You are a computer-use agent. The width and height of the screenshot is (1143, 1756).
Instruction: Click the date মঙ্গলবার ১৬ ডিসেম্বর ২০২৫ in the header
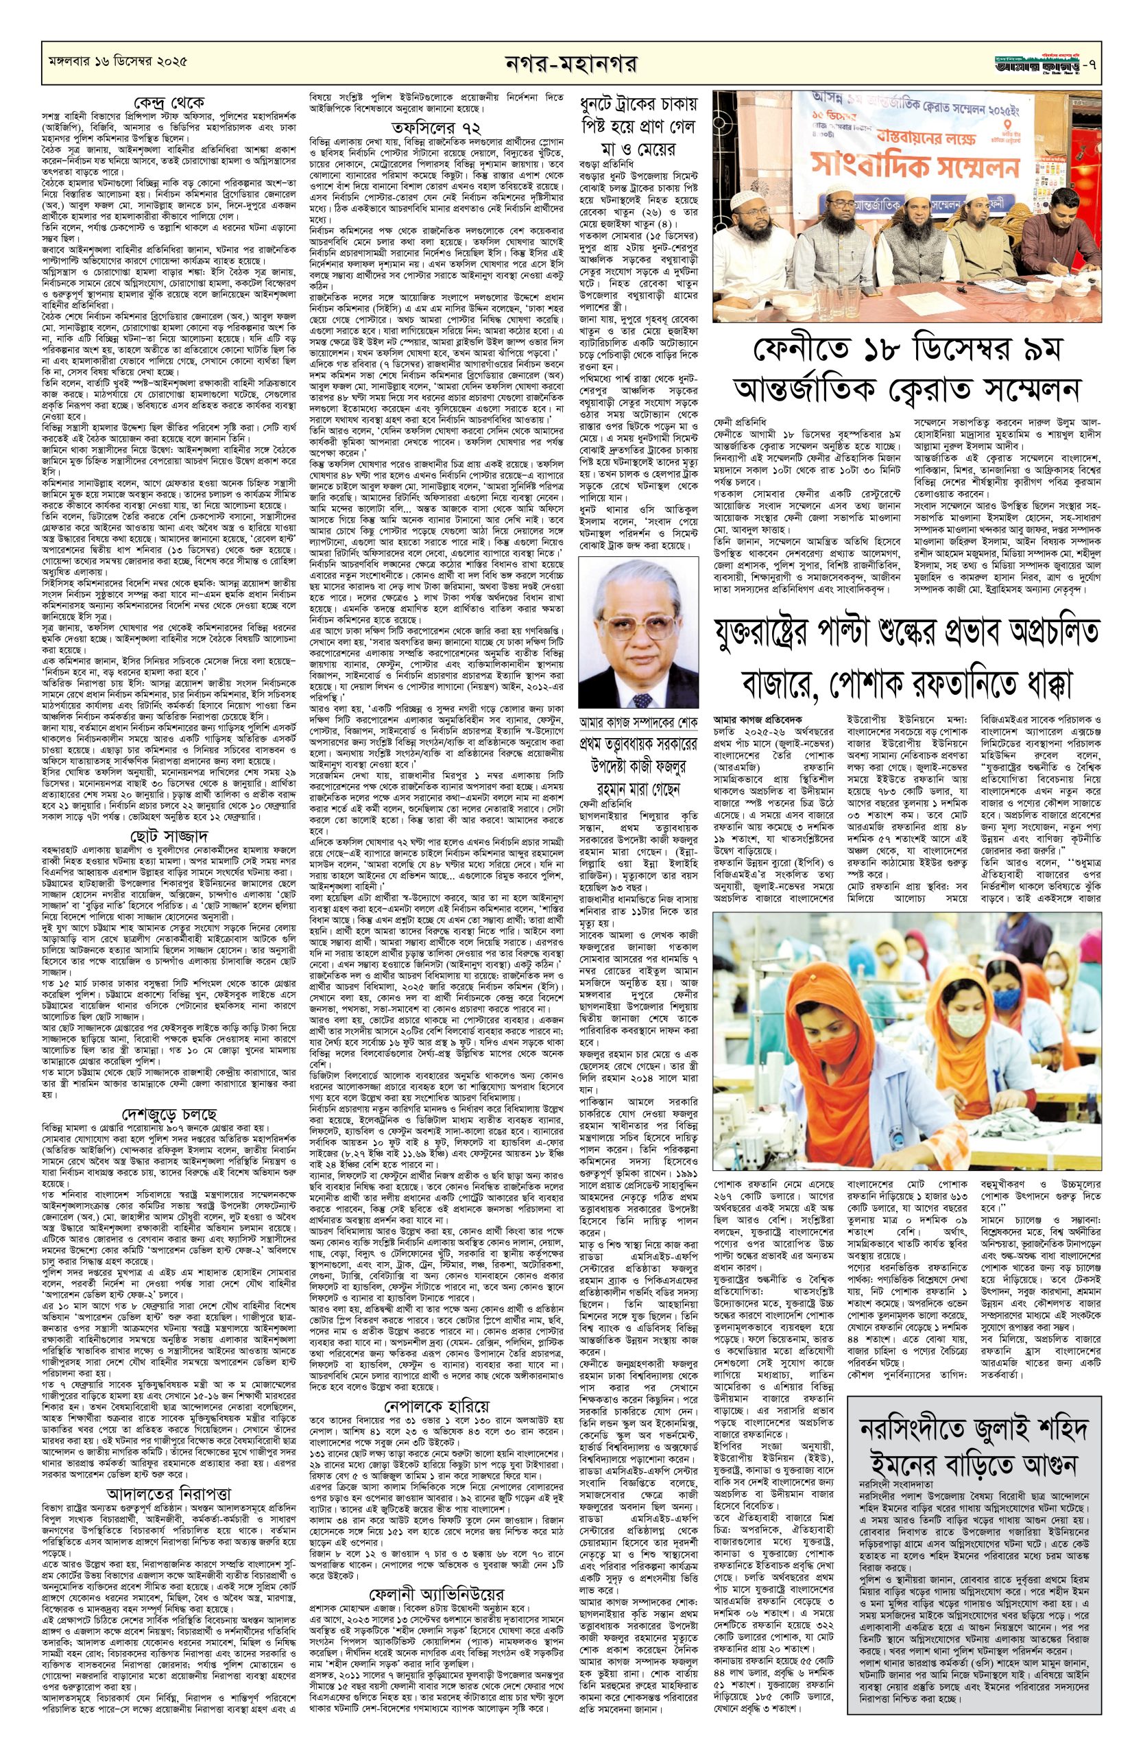point(115,59)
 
